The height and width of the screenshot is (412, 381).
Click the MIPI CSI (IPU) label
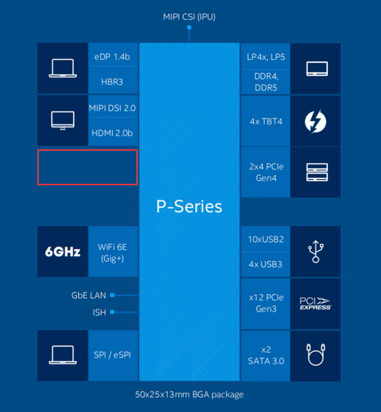(189, 17)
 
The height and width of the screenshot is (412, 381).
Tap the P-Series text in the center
(189, 206)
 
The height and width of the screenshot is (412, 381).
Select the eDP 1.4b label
(112, 57)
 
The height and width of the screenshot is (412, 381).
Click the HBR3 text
(112, 81)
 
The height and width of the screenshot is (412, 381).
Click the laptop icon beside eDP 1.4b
(62, 69)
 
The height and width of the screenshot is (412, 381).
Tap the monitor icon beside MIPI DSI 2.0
(62, 120)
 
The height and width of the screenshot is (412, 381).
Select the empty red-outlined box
(87, 167)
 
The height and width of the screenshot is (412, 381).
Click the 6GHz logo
(62, 251)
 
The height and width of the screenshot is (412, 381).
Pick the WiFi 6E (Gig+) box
(113, 251)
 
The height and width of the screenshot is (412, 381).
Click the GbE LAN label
(89, 295)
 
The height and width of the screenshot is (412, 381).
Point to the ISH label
(99, 313)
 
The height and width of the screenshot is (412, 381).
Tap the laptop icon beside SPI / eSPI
(62, 355)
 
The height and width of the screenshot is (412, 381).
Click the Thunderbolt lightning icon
(315, 121)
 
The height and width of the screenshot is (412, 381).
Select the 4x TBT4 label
(266, 121)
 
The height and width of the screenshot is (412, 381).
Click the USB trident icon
(315, 251)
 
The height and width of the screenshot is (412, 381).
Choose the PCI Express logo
(315, 304)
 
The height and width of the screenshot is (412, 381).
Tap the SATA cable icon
(315, 355)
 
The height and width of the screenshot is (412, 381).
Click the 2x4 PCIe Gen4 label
(266, 172)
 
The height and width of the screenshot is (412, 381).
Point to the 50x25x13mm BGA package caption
(189, 395)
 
